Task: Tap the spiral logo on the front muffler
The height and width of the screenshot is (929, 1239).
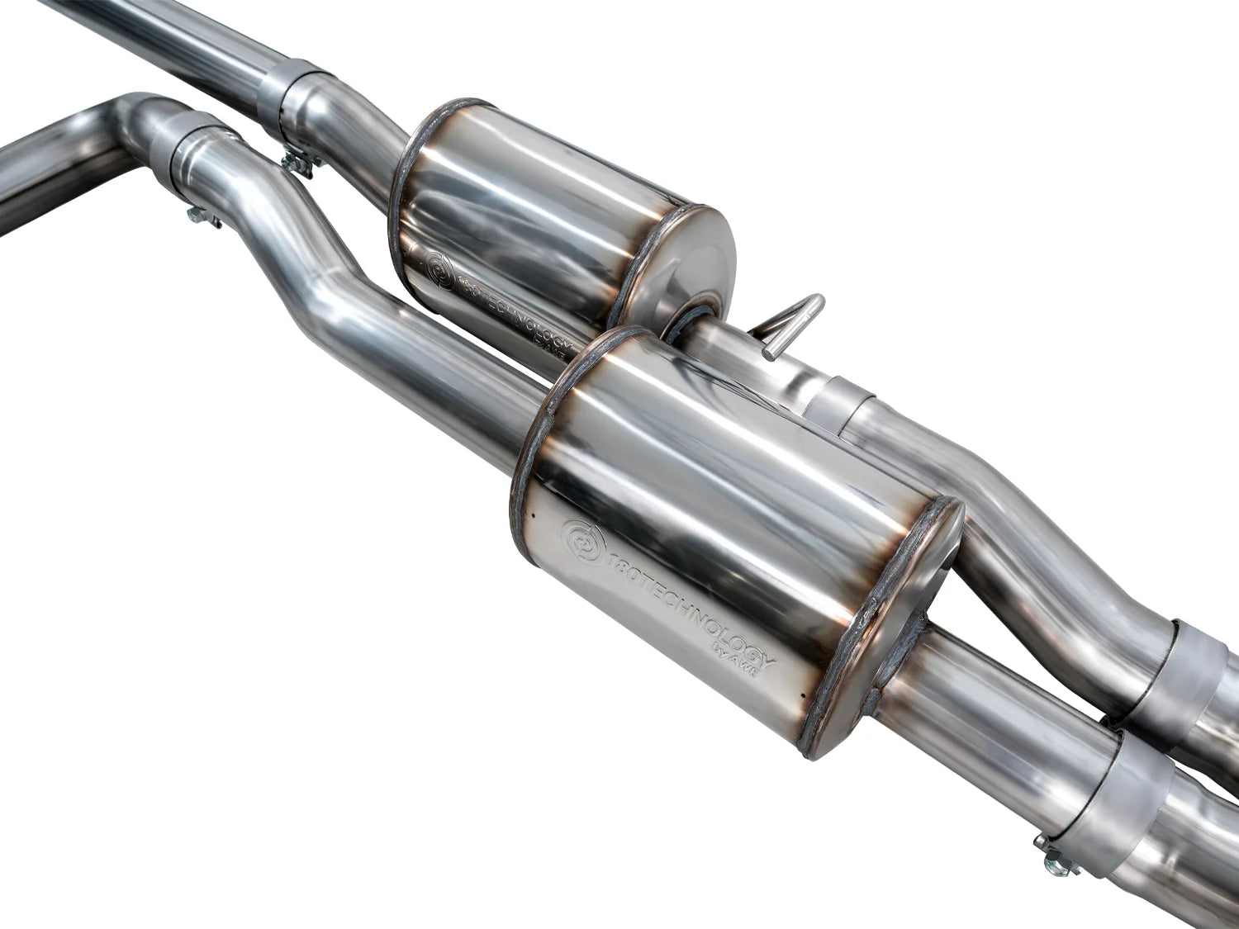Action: pos(576,539)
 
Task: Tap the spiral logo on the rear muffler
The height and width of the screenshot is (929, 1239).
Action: pos(439,270)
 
